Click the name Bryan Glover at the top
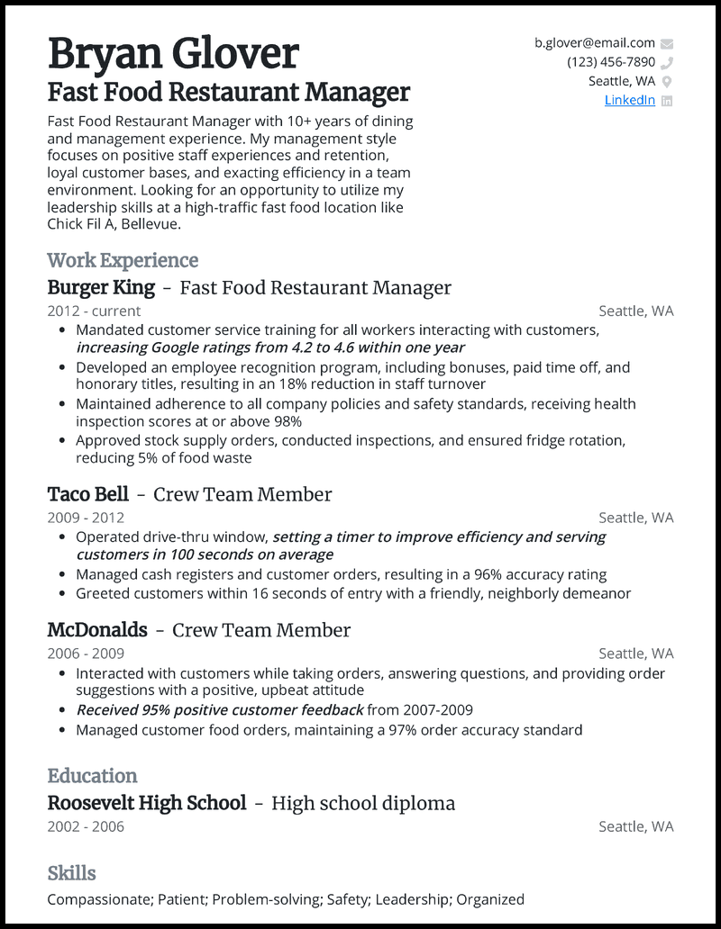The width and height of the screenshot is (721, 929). pos(172,54)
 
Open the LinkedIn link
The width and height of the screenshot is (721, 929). pos(629,100)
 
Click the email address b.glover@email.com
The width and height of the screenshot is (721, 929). pos(594,42)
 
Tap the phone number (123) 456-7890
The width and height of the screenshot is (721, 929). pos(610,62)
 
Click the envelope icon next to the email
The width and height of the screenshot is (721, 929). pos(667,43)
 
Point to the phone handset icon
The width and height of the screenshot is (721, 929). pos(667,63)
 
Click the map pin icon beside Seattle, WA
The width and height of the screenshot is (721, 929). pos(667,82)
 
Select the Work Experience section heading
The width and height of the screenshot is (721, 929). pos(123,260)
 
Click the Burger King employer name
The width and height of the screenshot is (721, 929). pos(101,288)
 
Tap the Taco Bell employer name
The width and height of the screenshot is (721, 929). pos(87,494)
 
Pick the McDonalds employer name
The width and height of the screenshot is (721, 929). pos(96,630)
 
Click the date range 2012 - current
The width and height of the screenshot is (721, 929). pos(94,311)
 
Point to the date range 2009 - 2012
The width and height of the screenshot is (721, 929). pos(86,518)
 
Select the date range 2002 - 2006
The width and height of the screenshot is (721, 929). pos(86,826)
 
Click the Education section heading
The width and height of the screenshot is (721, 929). pos(92,776)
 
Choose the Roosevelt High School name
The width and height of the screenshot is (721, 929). pos(146,803)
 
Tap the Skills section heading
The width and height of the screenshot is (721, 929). pos(71,873)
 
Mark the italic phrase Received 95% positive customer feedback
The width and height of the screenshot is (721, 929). pos(219,709)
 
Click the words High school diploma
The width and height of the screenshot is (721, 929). pos(362,803)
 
